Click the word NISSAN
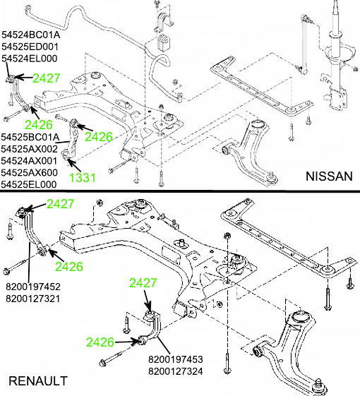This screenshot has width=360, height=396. tap(327, 176)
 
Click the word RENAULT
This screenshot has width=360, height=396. tap(37, 381)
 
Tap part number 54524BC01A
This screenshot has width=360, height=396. tap(30, 35)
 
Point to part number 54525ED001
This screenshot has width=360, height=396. tap(30, 47)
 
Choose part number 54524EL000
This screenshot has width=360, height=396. tap(30, 59)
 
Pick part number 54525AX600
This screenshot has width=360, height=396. tap(30, 172)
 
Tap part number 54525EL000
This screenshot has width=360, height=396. tap(30, 184)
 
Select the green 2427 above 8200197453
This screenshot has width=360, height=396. tap(144, 283)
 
